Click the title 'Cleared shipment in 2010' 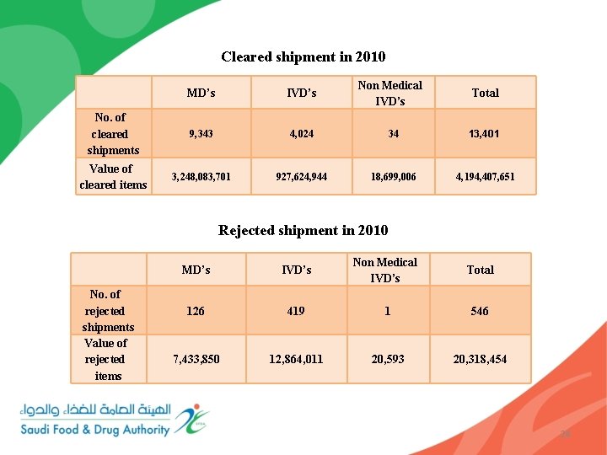(303, 57)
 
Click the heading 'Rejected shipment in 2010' (303, 230)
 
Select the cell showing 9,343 (201, 133)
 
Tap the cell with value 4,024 (301, 133)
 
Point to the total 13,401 (485, 133)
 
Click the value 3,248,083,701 (201, 177)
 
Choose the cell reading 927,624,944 (301, 177)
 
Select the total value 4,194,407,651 (485, 177)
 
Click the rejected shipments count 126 (196, 311)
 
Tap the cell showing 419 (296, 311)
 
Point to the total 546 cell (480, 311)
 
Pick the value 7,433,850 (196, 359)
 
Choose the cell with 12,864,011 (296, 359)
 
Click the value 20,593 (387, 359)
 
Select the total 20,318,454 (480, 359)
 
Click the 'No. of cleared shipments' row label (113, 134)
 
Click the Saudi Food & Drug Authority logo (114, 420)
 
